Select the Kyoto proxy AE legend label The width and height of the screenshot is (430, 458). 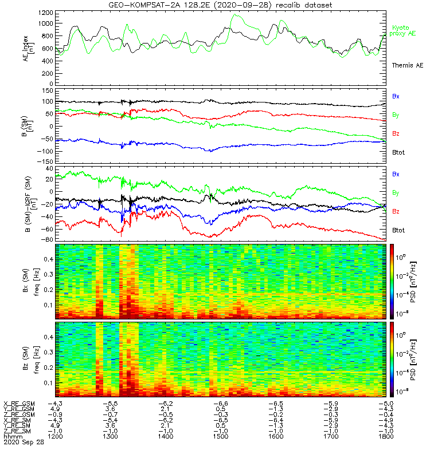(x=402, y=31)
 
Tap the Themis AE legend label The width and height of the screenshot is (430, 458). (x=408, y=65)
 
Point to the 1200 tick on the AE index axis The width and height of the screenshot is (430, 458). (x=46, y=13)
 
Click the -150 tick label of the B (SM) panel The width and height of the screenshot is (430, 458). (x=46, y=161)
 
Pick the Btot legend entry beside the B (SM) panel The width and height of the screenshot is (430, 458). (x=398, y=152)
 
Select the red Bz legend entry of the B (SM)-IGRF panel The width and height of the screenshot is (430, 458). (x=396, y=211)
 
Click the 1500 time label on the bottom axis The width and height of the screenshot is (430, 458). (x=221, y=436)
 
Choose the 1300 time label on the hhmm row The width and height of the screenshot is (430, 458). (x=110, y=436)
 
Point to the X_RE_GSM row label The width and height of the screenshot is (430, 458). (x=19, y=404)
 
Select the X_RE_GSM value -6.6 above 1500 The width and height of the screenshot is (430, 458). (x=221, y=404)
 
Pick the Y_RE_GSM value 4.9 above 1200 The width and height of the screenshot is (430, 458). (x=55, y=409)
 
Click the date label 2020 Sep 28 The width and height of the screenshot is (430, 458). (x=24, y=442)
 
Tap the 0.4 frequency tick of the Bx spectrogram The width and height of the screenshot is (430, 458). (x=49, y=259)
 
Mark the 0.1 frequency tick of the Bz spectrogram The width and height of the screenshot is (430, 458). (x=49, y=382)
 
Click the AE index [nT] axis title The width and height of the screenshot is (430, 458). (x=28, y=48)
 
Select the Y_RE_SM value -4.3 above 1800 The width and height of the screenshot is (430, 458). (x=386, y=425)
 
